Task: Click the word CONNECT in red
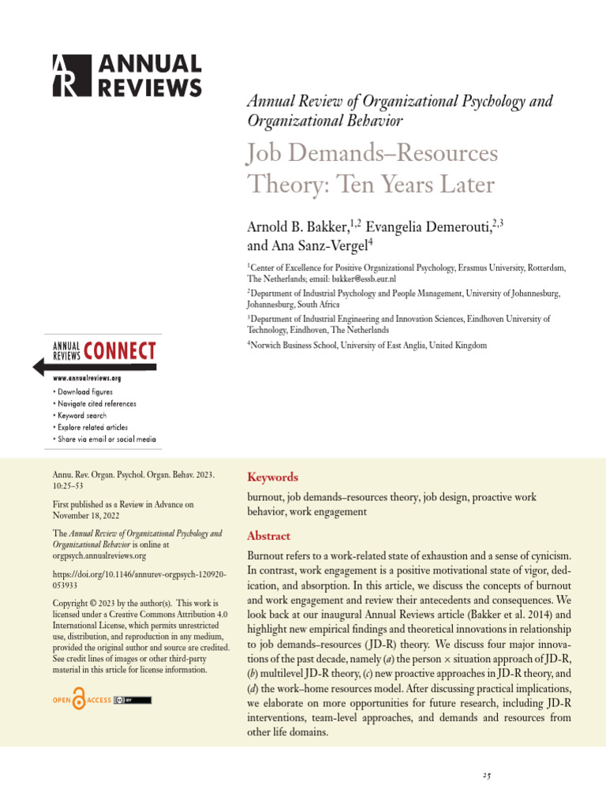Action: coord(119,351)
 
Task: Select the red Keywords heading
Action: coord(273,477)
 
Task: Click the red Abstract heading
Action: coord(269,536)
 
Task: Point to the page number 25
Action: coord(487,776)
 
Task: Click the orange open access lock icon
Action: coord(78,700)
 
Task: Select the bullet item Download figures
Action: coord(85,391)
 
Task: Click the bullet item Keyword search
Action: coord(82,415)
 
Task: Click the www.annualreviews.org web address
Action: coord(87,378)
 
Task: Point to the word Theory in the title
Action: coord(275,185)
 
